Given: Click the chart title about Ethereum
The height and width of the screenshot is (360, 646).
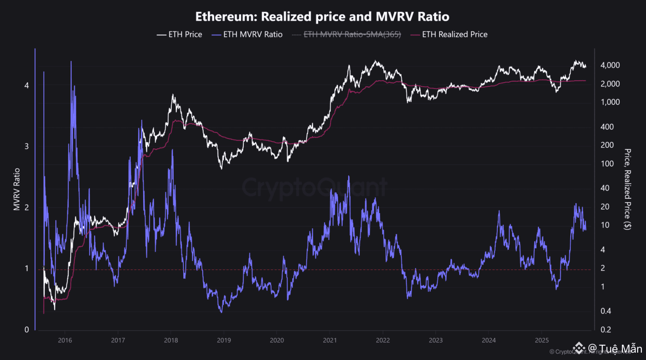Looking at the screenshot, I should (322, 17).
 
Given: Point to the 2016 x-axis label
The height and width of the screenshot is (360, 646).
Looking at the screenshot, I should (65, 341).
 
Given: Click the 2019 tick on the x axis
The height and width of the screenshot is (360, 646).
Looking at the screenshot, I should (223, 341).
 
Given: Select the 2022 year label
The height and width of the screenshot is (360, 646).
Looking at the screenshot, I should (382, 341).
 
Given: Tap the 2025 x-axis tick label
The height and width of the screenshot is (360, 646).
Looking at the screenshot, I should (542, 341).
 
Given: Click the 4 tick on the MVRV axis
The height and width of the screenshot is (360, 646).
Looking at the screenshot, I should (27, 85).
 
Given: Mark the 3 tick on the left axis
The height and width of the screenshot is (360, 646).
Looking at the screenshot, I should (27, 146).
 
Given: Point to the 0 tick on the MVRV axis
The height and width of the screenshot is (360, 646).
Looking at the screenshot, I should (27, 330).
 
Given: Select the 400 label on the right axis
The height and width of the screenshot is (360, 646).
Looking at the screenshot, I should (607, 127).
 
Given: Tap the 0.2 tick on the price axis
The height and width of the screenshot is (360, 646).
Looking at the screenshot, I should (606, 330).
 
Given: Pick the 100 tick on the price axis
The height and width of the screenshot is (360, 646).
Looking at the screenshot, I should (607, 164).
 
